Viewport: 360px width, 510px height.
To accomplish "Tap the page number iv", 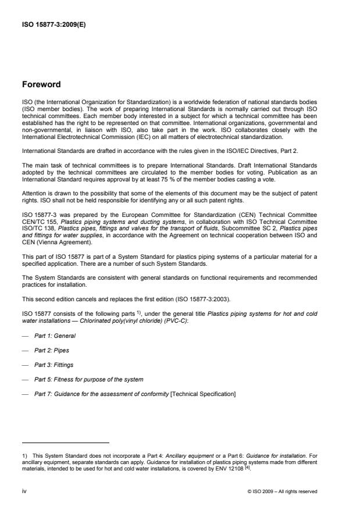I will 24,491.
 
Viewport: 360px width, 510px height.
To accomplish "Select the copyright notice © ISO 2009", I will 282,491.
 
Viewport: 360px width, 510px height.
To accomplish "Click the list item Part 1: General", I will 55,336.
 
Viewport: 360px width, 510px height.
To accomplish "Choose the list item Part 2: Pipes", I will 53,350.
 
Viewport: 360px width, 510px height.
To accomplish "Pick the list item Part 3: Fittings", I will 55,365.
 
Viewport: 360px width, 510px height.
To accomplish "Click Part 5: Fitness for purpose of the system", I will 88,380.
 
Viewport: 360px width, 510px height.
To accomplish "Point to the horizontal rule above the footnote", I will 65,443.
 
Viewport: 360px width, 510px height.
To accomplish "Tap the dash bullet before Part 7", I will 24,395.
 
